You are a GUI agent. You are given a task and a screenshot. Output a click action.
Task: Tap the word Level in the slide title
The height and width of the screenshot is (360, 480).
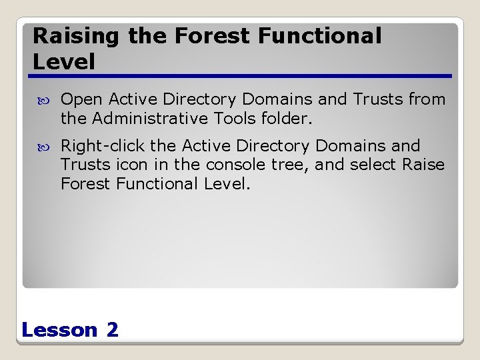[64, 62]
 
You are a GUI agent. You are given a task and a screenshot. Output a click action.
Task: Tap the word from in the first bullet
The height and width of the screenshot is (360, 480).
[427, 100]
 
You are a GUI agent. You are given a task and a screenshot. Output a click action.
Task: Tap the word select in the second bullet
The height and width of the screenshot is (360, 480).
[375, 165]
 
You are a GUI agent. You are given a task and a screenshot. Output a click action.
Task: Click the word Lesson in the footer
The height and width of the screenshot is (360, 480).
[59, 329]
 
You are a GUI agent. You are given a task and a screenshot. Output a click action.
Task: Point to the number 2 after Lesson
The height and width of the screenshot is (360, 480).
[112, 329]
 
